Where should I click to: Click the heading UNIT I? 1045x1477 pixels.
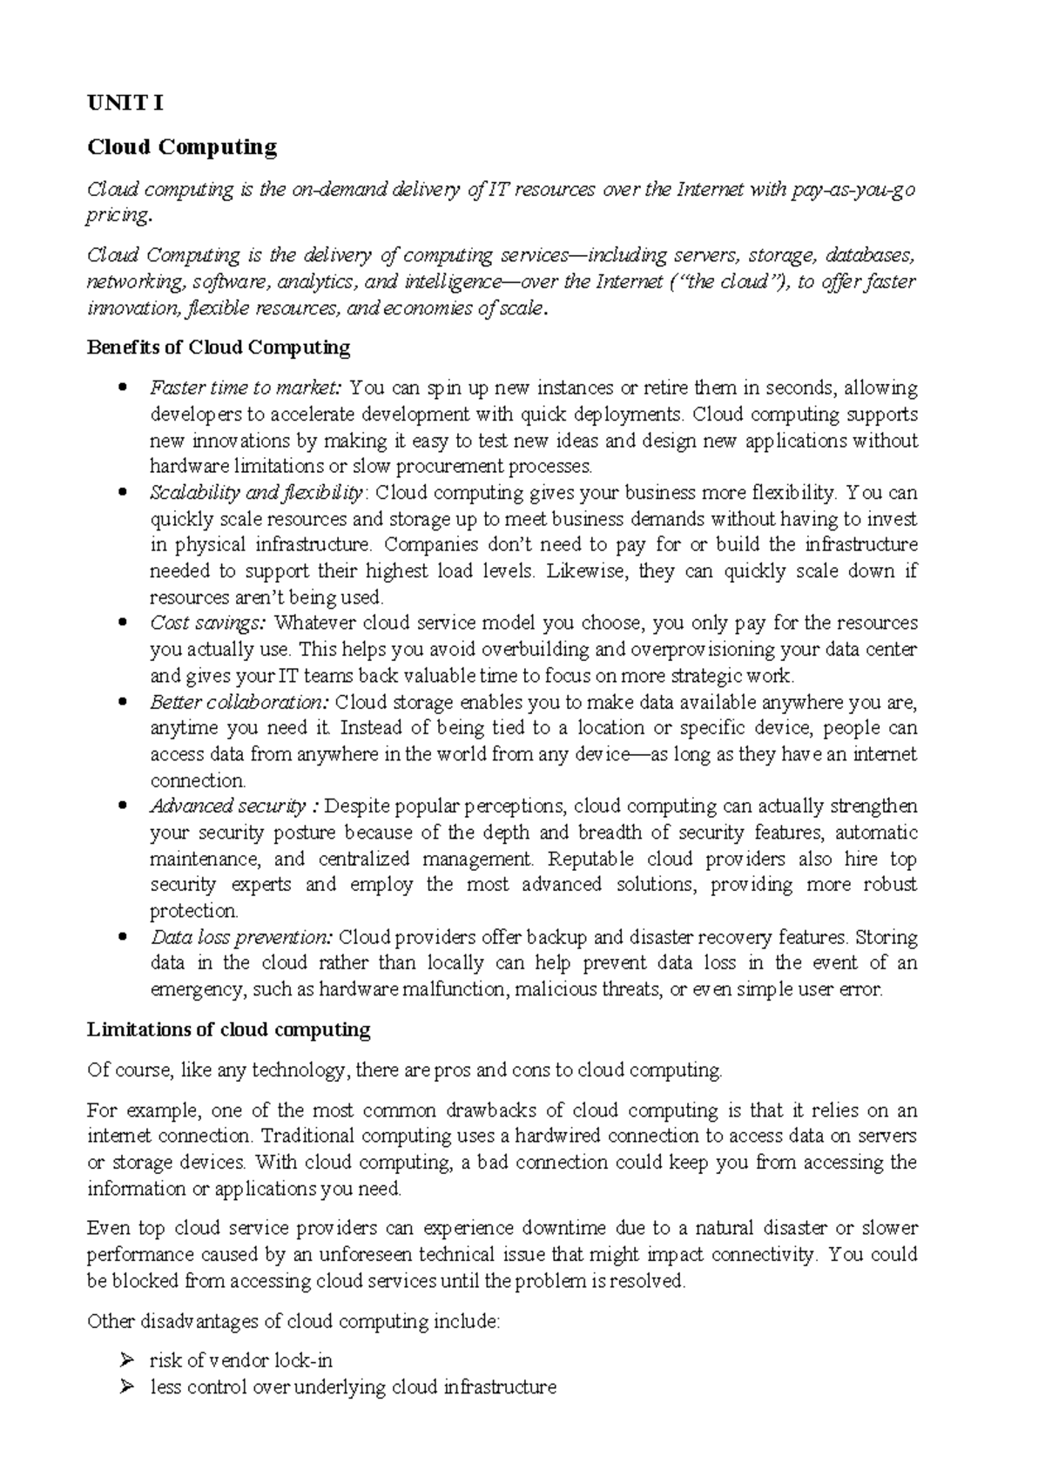coord(125,104)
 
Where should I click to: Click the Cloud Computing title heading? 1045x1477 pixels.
coord(182,147)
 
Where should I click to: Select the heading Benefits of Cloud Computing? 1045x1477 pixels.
coord(219,348)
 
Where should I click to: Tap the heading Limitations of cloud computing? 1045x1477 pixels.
coord(229,1030)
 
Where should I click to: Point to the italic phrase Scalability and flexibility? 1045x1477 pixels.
coord(256,493)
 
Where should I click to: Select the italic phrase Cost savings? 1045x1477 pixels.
coord(210,624)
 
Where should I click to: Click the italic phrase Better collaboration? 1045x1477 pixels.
coord(239,702)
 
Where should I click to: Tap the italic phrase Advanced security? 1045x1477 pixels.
coord(227,806)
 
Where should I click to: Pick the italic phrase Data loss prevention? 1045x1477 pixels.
coord(241,938)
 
